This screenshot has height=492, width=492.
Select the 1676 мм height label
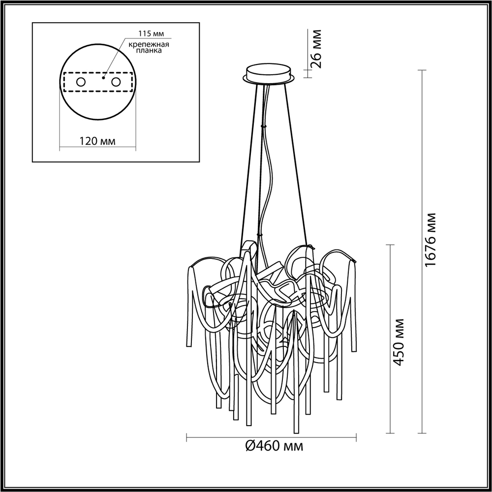(431, 240)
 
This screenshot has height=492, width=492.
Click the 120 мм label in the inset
(97, 142)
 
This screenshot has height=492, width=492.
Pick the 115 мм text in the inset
(150, 34)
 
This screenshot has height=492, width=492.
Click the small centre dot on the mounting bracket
(103, 77)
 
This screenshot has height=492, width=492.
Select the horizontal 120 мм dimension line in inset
(97, 147)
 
